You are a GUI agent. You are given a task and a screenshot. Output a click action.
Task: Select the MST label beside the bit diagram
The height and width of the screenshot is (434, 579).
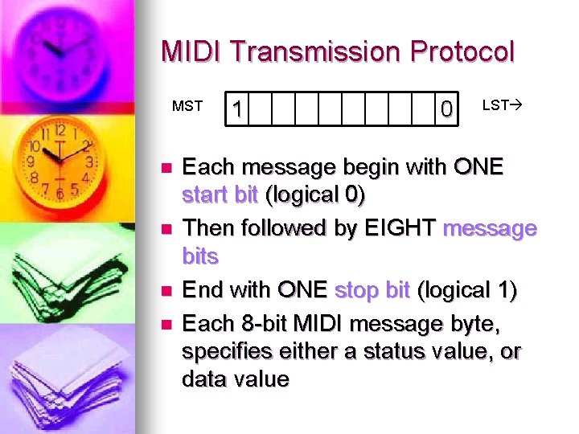(x=187, y=105)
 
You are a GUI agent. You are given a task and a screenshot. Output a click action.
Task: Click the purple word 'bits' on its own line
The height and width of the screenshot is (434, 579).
(x=200, y=256)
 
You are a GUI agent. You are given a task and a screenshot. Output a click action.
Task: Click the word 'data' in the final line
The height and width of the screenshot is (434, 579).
(x=202, y=379)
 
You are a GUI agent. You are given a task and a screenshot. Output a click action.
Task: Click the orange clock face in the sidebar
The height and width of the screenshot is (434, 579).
(x=60, y=161)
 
